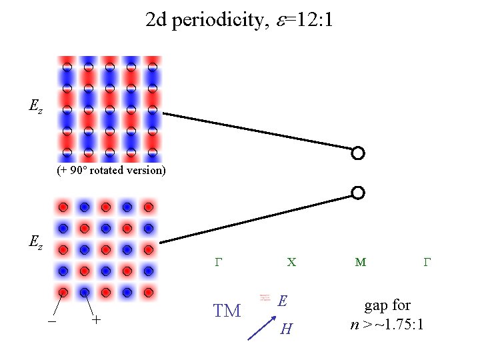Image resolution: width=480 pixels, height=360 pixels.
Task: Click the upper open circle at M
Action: (358, 153)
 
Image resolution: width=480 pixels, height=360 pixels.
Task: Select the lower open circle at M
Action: (358, 193)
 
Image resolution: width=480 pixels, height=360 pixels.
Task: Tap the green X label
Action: (291, 263)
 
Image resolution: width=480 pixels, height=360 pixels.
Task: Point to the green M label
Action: (361, 263)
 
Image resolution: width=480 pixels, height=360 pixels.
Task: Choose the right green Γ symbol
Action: (428, 263)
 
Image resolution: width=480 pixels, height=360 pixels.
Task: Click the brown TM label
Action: (227, 310)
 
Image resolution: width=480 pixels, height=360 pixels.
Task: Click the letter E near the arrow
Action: (283, 301)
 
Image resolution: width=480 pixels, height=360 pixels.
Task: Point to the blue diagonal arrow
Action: (261, 327)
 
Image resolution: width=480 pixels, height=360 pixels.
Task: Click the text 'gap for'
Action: (387, 306)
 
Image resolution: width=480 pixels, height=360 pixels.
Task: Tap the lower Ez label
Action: (36, 243)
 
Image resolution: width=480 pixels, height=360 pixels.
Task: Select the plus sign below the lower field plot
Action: (97, 320)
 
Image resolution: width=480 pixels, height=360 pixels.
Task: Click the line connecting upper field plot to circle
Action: (260, 131)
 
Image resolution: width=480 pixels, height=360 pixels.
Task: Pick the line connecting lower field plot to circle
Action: (260, 218)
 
